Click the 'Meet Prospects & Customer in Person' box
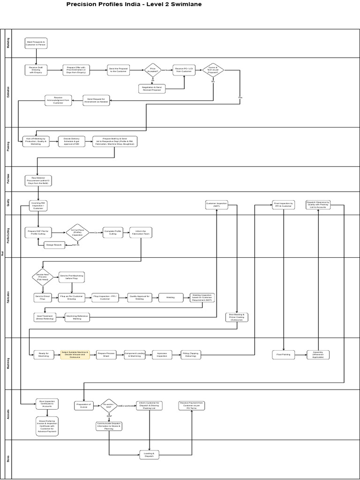pos(36,43)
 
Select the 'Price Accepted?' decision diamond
pos(152,70)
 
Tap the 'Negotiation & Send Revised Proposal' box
pos(152,88)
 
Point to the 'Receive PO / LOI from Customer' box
pos(184,70)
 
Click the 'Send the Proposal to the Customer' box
pos(118,70)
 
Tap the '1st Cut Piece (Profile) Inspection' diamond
pos(77,232)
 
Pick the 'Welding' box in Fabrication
pos(171,297)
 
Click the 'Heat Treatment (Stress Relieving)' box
pos(45,318)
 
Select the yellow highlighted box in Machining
pos(75,355)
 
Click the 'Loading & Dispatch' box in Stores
pos(150,454)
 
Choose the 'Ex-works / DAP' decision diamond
pos(109,406)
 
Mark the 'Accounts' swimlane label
pos(7,414)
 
